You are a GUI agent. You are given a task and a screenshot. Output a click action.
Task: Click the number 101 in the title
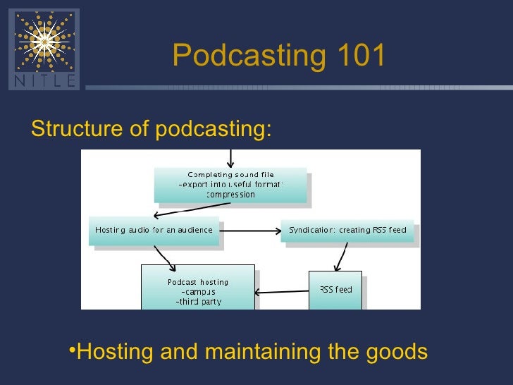(357, 56)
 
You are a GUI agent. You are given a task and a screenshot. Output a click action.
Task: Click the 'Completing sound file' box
(230, 184)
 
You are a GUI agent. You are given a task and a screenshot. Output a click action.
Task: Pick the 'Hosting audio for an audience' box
(154, 230)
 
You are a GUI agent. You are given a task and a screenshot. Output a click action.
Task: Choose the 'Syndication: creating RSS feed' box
(347, 230)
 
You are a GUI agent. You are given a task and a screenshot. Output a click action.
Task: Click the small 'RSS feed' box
(335, 290)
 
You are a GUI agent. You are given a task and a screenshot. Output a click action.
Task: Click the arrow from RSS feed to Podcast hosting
(282, 291)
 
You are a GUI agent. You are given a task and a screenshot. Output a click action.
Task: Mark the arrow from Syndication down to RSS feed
(342, 257)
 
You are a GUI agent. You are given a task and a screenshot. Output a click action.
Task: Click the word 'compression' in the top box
(230, 195)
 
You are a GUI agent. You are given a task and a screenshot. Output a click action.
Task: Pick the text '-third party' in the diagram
(198, 302)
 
